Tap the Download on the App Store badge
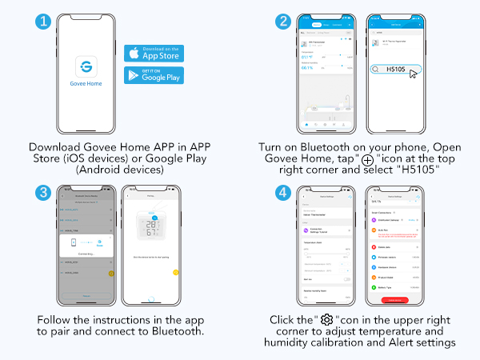pyautogui.click(x=154, y=53)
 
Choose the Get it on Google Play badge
pyautogui.click(x=154, y=75)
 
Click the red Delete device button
pyautogui.click(x=393, y=299)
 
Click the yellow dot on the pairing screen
pyautogui.click(x=175, y=273)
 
